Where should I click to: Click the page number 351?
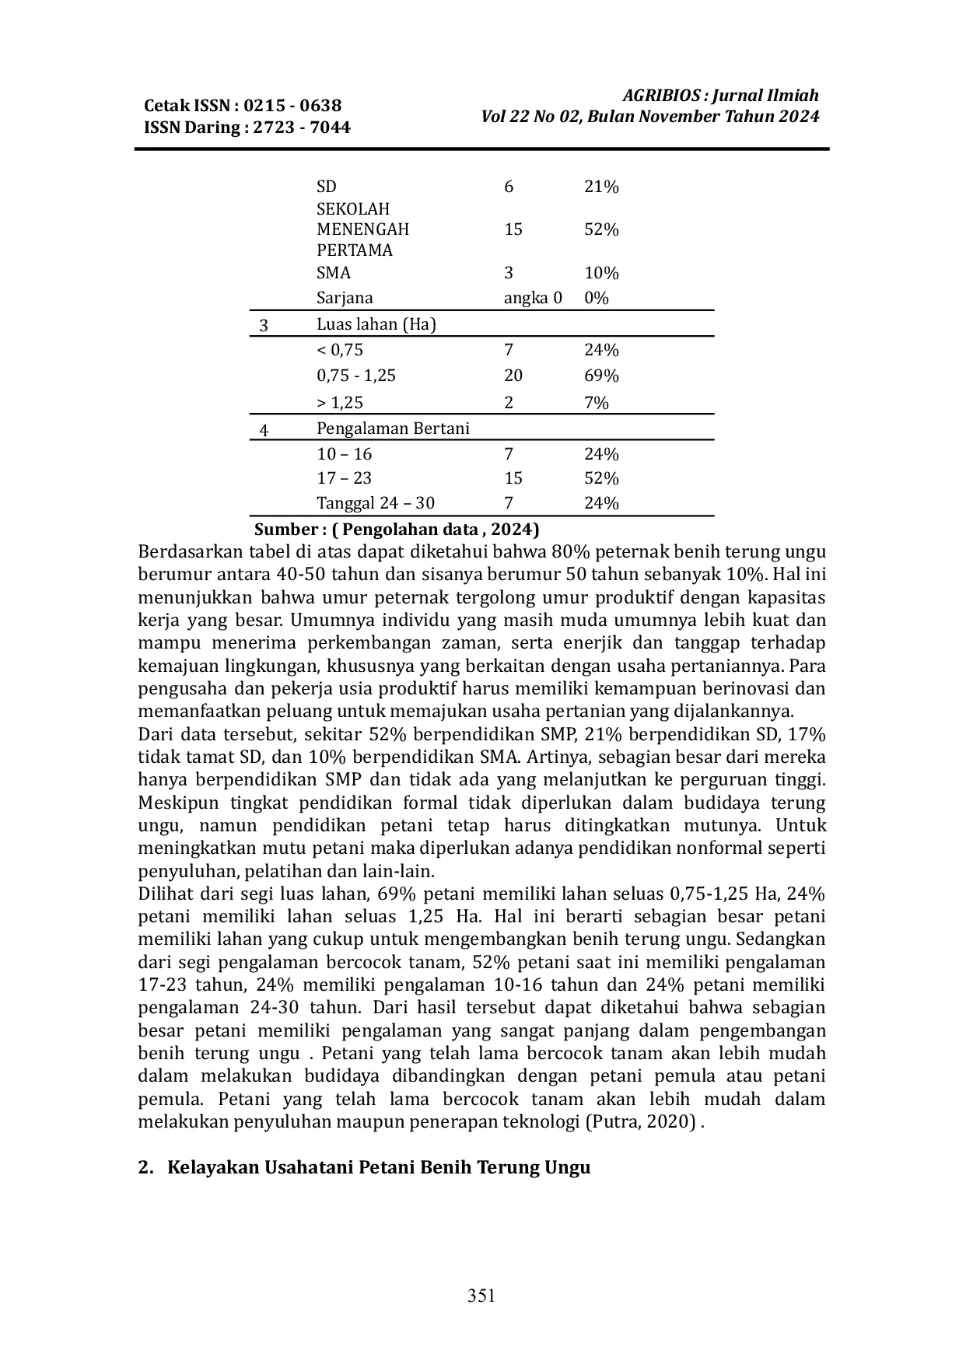point(481,1295)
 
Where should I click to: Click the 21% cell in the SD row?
point(601,187)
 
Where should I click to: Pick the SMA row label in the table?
point(334,273)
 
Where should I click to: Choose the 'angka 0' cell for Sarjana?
point(533,298)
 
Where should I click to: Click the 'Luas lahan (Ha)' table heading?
point(376,324)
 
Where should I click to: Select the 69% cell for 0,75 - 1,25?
point(601,376)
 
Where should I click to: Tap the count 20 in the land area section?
point(513,376)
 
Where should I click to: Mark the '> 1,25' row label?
point(340,403)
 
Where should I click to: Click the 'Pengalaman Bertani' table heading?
point(393,428)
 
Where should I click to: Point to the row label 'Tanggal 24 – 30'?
point(376,503)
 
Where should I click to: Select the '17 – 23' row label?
point(345,478)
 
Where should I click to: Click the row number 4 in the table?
point(264,430)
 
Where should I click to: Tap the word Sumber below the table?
point(285,530)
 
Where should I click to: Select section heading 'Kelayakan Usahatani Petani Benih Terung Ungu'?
point(379,1168)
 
